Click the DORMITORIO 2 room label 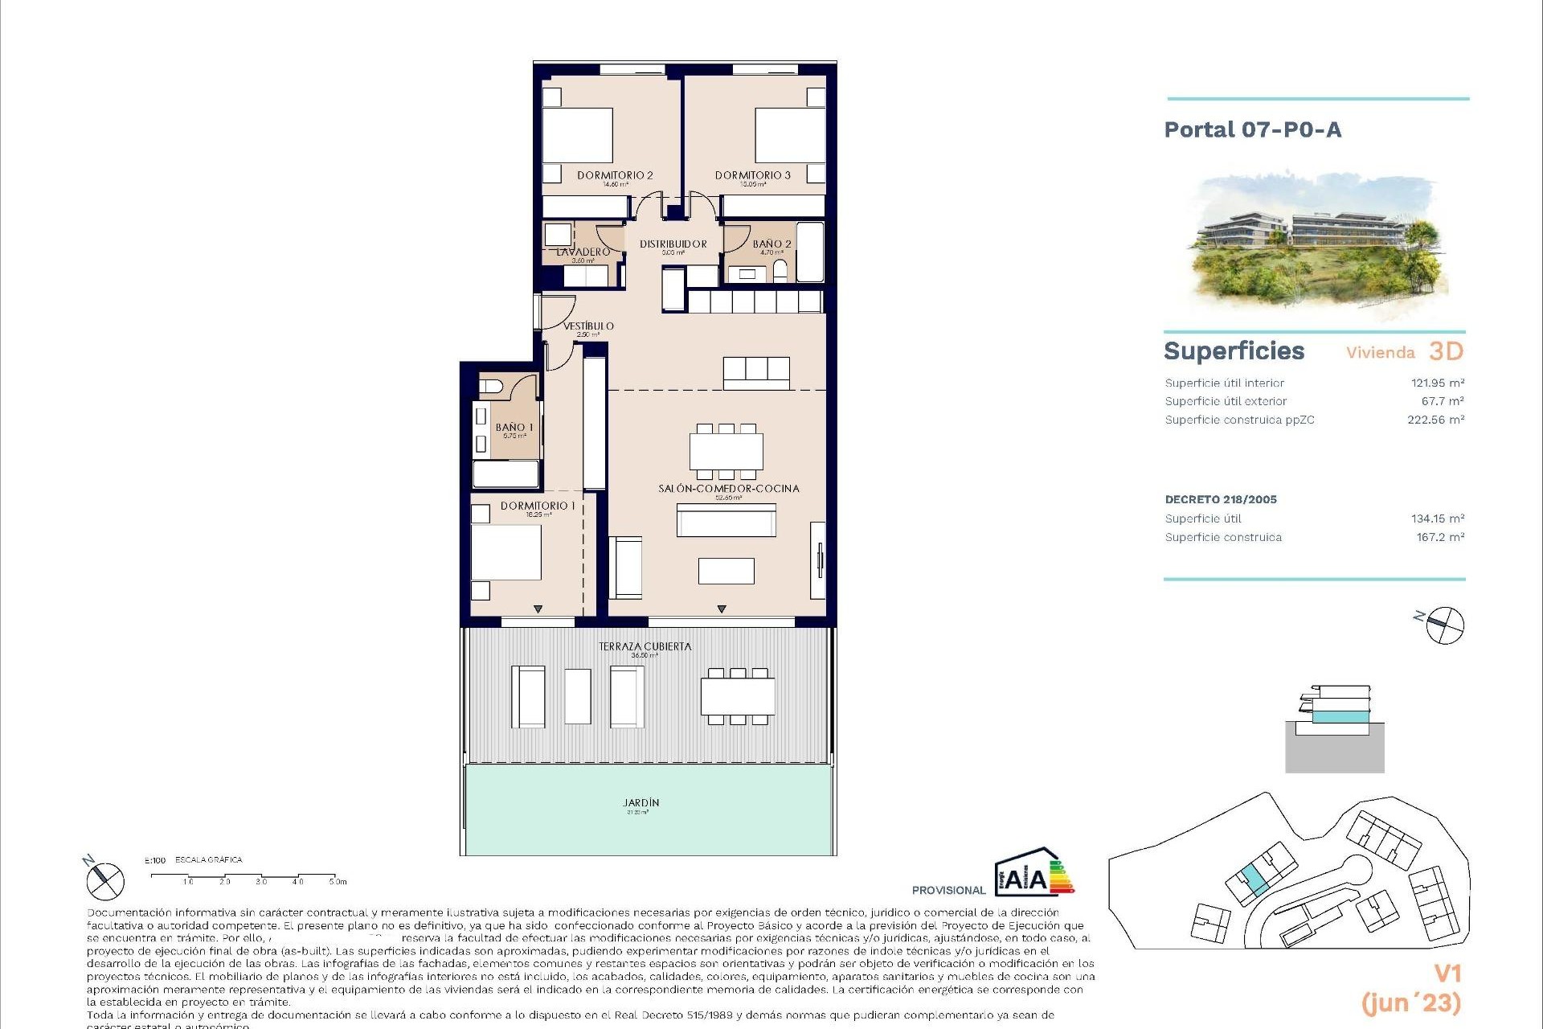coord(615,175)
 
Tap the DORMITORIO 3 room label coord(753,175)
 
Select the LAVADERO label coord(583,252)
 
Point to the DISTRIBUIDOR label coord(673,244)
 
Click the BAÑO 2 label coord(771,244)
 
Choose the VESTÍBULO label coord(588,326)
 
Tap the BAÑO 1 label coord(514,428)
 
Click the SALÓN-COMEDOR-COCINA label coord(729,489)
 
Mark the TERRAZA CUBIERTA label coord(645,646)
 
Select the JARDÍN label coord(641,803)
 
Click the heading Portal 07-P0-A coord(1253,130)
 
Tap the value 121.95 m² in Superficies coord(1438,383)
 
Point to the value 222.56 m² coord(1435,420)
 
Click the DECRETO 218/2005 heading coord(1221,499)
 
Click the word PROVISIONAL coord(948,891)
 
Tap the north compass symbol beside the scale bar coord(105,880)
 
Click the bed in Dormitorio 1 coord(506,551)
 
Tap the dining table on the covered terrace coord(738,696)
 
